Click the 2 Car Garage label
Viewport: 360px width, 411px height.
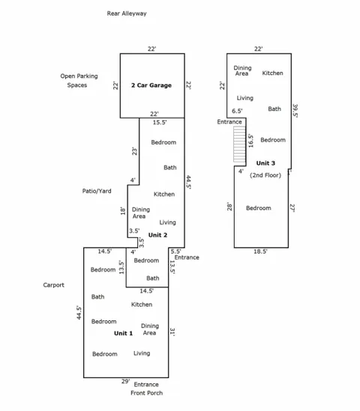pyautogui.click(x=151, y=85)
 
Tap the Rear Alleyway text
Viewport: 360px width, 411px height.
pyautogui.click(x=127, y=13)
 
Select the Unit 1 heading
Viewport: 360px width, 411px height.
pyautogui.click(x=123, y=333)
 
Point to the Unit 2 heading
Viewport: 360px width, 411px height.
pyautogui.click(x=157, y=235)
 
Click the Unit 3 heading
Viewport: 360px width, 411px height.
pyautogui.click(x=265, y=163)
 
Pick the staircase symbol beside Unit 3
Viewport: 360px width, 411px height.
pyautogui.click(x=240, y=145)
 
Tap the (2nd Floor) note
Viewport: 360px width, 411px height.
pyautogui.click(x=265, y=175)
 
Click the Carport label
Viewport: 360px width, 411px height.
pyautogui.click(x=53, y=285)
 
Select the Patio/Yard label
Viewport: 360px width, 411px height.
pyautogui.click(x=97, y=190)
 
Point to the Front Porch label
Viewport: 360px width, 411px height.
pyautogui.click(x=146, y=393)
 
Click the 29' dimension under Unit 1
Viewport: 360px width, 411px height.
pyautogui.click(x=125, y=382)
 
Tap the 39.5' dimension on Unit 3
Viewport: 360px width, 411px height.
pyautogui.click(x=295, y=110)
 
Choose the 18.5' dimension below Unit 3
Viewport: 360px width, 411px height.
pyautogui.click(x=260, y=251)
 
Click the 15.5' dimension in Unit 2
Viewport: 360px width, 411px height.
pyautogui.click(x=160, y=122)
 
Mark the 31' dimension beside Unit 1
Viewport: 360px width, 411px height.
pyautogui.click(x=172, y=331)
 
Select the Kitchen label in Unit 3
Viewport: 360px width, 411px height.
pyautogui.click(x=273, y=73)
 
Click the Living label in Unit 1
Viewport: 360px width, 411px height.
pyautogui.click(x=142, y=353)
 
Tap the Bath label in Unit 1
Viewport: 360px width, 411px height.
pyautogui.click(x=97, y=297)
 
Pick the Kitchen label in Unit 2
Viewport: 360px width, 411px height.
pyautogui.click(x=164, y=194)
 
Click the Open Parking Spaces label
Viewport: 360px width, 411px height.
pyautogui.click(x=79, y=80)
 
